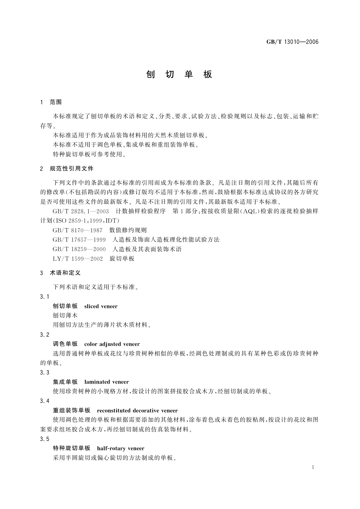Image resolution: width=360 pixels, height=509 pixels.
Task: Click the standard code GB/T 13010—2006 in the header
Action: (x=292, y=42)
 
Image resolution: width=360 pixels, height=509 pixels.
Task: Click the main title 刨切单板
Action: (x=180, y=74)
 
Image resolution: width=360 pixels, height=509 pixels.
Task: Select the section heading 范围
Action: (x=56, y=102)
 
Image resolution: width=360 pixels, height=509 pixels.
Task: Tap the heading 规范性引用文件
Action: (x=72, y=169)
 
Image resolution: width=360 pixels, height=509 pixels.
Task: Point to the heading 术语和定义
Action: (x=65, y=273)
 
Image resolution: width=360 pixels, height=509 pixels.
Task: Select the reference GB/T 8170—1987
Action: (x=78, y=230)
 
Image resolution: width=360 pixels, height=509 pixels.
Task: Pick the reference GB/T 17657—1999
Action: (x=79, y=240)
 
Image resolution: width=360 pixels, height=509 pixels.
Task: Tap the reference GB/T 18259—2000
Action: (x=79, y=249)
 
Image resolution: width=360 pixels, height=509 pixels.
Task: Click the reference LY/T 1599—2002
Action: (x=78, y=259)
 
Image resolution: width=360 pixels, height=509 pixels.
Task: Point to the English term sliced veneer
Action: (x=101, y=306)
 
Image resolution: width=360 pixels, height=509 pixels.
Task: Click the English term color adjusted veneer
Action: (x=112, y=344)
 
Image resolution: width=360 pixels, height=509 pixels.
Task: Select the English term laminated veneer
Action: (x=106, y=382)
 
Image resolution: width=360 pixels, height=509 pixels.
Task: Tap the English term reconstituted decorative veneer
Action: (x=137, y=410)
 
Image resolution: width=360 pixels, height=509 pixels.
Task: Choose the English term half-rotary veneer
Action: (x=121, y=448)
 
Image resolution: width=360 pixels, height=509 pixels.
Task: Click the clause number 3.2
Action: (x=44, y=335)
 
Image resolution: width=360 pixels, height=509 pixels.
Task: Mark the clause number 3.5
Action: (x=44, y=439)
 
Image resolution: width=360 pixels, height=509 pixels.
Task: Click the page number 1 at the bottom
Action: (x=313, y=467)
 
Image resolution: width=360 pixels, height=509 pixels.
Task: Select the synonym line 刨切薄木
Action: (x=65, y=316)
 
